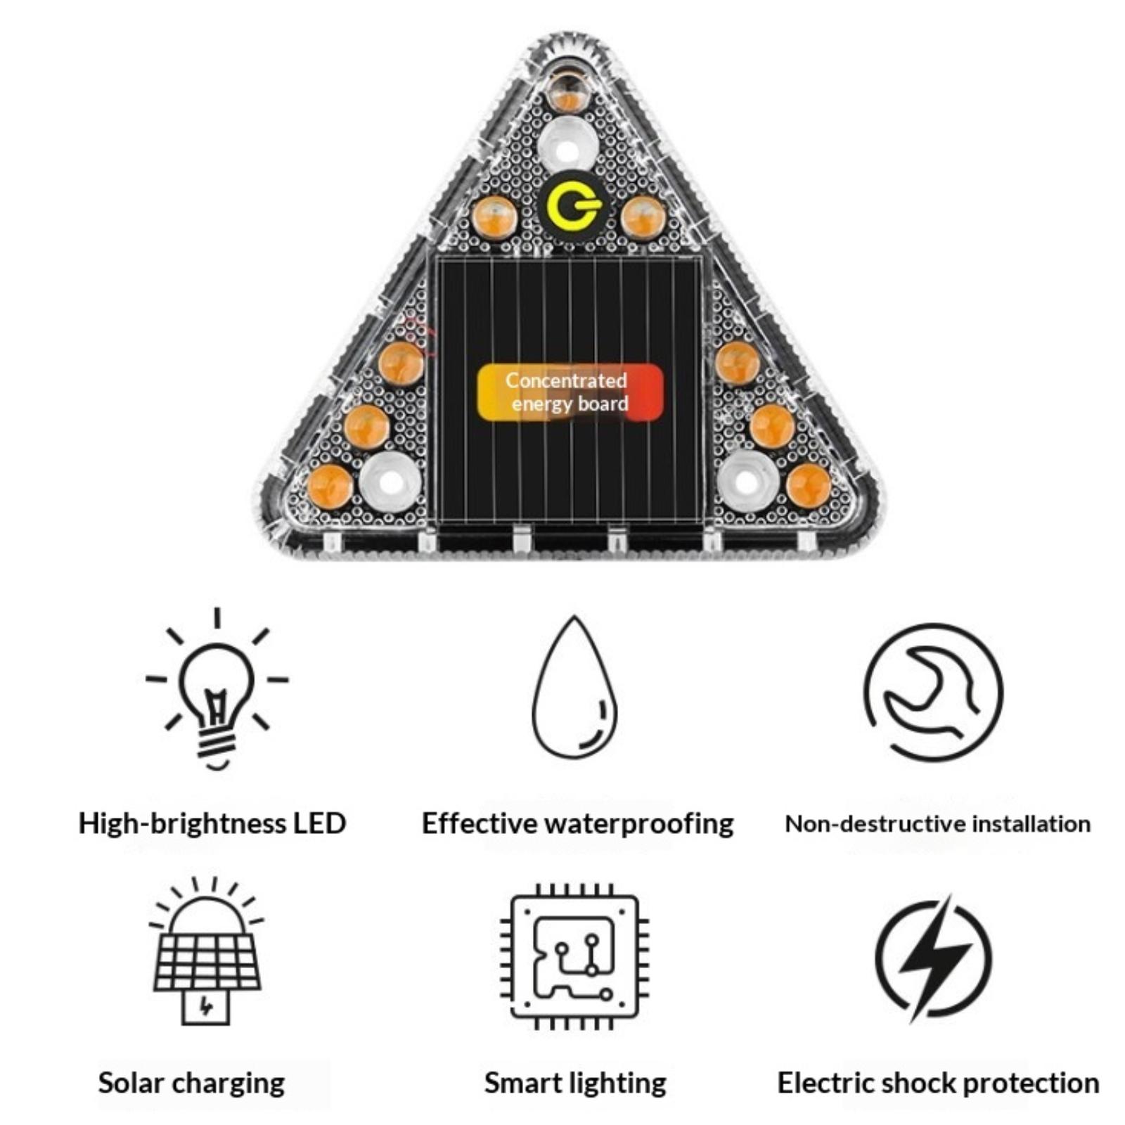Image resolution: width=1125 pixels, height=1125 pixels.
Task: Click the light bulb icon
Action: click(217, 693)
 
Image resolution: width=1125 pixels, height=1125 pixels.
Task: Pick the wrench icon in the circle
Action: click(933, 692)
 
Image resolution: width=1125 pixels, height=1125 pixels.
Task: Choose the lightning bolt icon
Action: click(933, 957)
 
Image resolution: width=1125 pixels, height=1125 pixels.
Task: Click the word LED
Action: click(319, 823)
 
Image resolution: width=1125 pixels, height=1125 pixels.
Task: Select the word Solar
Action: click(131, 1083)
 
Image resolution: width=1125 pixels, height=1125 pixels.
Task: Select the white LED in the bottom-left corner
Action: click(390, 482)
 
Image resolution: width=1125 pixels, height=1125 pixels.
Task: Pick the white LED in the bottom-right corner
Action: click(747, 482)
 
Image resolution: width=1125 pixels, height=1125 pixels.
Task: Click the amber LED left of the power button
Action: click(494, 217)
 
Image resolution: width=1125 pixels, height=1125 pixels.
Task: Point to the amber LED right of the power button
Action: click(643, 217)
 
